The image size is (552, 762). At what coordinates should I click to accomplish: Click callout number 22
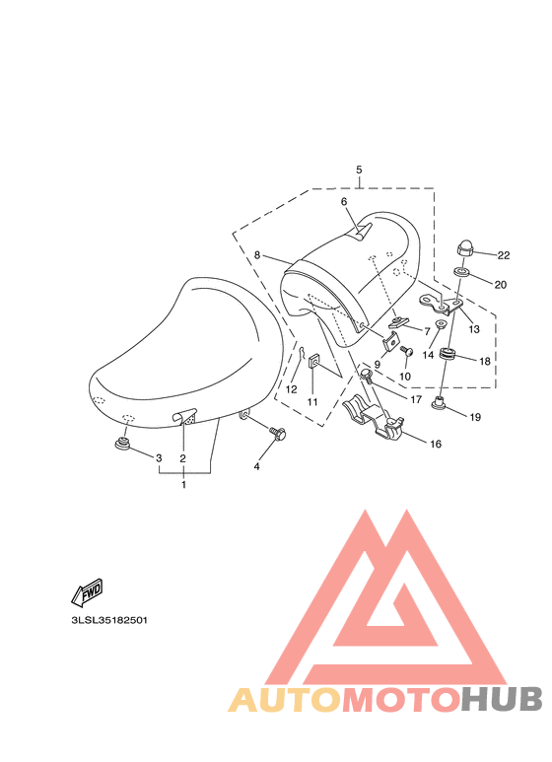point(503,256)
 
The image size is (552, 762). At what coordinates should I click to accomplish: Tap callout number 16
point(436,444)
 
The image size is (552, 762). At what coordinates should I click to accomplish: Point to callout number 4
point(257,466)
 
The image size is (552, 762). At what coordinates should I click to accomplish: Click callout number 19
point(475,417)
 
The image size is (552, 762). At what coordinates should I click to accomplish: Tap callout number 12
point(291,390)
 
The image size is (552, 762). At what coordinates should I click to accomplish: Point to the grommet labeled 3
point(124,443)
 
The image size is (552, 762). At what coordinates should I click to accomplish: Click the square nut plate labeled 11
point(312,362)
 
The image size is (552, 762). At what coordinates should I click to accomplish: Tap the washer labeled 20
point(461,272)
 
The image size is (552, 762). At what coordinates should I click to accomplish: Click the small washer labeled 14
point(442,324)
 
